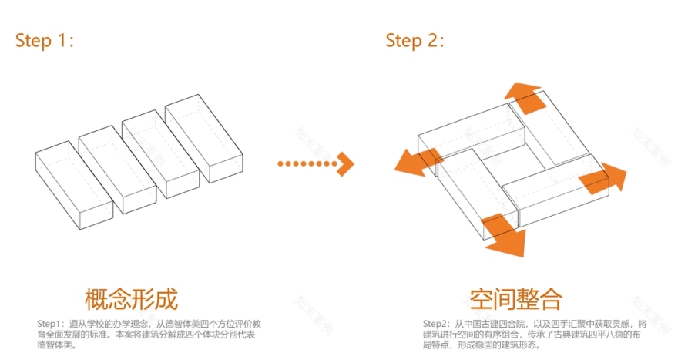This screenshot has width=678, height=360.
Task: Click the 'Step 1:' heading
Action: click(x=45, y=42)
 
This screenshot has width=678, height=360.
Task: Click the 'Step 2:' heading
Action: click(x=415, y=41)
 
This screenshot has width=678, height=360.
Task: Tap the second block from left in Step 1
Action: click(x=118, y=162)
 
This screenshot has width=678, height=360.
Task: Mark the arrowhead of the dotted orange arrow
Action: click(x=346, y=163)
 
